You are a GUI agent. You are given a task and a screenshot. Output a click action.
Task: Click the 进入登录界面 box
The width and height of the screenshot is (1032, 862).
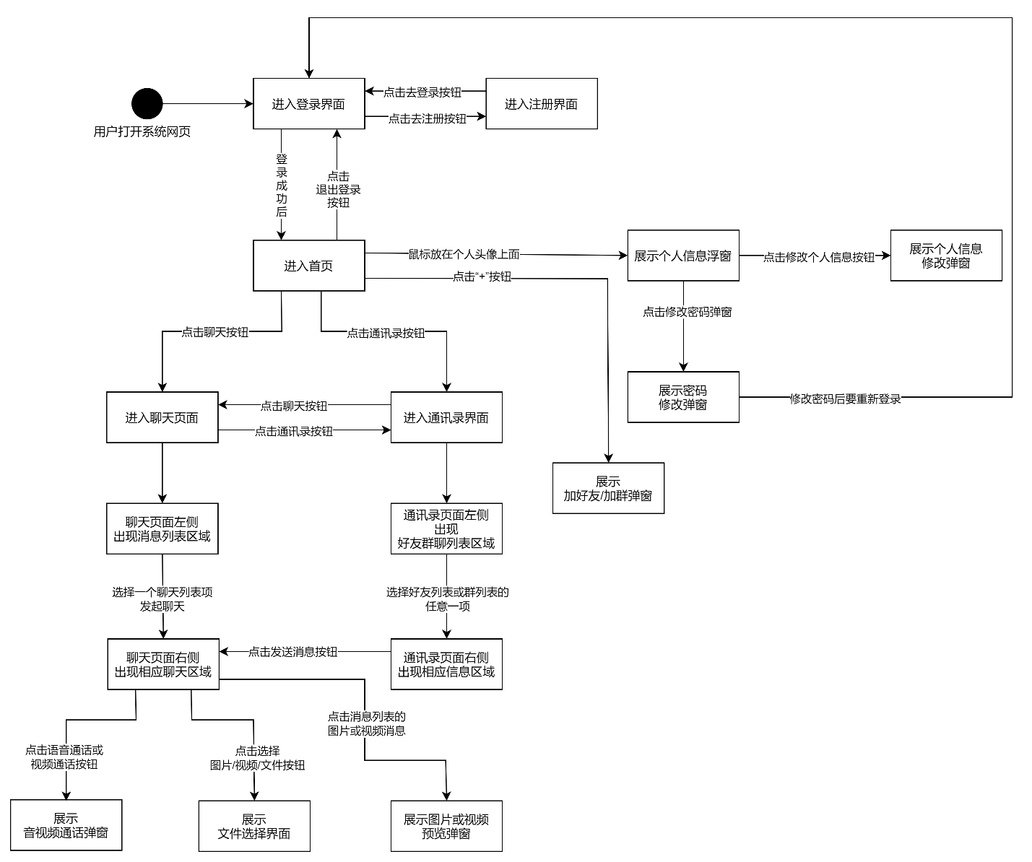tap(308, 104)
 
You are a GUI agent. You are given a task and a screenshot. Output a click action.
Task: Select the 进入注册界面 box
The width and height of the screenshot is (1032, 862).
tap(541, 104)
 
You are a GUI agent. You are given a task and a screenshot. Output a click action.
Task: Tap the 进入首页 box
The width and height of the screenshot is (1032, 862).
tap(308, 266)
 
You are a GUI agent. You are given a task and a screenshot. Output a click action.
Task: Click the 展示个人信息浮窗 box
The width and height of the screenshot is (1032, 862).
tap(682, 256)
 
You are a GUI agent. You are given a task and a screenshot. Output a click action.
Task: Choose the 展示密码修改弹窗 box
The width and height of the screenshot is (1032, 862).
tap(682, 397)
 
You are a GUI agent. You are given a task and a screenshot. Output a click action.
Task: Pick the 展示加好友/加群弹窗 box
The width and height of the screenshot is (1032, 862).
tap(607, 489)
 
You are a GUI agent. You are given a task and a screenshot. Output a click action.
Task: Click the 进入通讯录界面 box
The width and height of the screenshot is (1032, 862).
tap(446, 417)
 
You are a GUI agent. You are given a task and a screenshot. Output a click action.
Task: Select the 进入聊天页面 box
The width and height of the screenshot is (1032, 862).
tap(162, 417)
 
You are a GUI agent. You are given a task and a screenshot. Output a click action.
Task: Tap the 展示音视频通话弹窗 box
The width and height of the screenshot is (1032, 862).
tap(66, 825)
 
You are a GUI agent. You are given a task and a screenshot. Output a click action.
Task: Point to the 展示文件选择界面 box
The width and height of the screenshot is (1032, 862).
tap(254, 826)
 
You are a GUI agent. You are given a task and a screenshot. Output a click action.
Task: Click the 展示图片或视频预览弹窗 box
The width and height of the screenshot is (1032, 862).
tap(446, 826)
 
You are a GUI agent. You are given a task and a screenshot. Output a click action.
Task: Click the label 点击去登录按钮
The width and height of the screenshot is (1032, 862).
tap(422, 92)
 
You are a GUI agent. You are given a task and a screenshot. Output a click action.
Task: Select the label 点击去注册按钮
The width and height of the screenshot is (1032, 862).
tap(427, 118)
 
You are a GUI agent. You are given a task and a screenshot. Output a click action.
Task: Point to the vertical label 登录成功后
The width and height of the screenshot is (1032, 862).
tap(282, 186)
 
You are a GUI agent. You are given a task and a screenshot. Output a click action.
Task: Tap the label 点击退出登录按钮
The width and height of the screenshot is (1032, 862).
tap(338, 189)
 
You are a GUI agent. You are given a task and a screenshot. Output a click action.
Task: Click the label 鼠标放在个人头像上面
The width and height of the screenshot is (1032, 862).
tap(464, 254)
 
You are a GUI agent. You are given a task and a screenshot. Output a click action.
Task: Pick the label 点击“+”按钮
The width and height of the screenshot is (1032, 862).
tap(482, 277)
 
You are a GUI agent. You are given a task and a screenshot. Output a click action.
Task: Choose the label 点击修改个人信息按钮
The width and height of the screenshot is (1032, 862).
tap(819, 257)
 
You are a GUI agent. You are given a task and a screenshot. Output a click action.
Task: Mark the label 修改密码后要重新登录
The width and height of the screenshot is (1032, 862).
tap(845, 399)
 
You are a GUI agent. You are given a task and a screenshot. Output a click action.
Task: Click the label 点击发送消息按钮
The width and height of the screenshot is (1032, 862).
tap(292, 652)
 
